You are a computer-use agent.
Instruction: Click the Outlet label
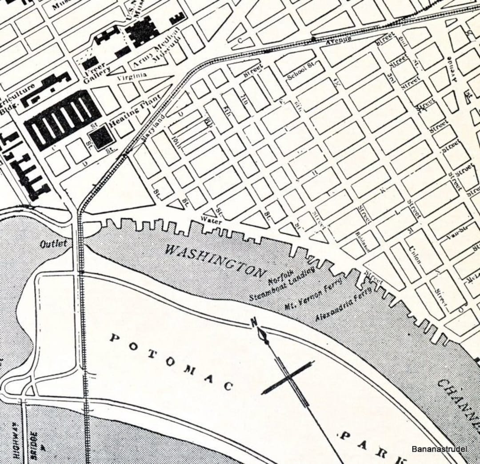click(x=53, y=244)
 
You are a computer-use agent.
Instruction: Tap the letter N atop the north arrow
click(x=255, y=323)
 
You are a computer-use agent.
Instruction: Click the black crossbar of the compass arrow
click(x=288, y=378)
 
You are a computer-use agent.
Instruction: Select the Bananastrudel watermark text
click(x=439, y=449)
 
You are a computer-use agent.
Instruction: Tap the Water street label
click(x=211, y=219)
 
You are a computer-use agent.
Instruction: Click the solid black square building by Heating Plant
click(x=102, y=137)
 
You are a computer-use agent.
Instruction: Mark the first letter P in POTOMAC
click(x=115, y=338)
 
